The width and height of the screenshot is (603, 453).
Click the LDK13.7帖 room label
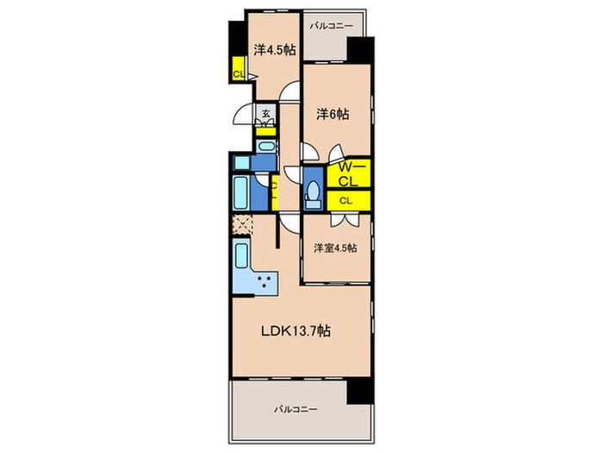point(295,330)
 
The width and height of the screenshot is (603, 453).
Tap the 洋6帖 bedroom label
point(333,114)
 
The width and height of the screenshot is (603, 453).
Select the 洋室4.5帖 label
point(335,248)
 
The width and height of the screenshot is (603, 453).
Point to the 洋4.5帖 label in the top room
point(274,50)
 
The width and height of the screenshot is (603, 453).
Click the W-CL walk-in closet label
point(348,174)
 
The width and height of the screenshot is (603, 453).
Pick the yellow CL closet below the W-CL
point(348,201)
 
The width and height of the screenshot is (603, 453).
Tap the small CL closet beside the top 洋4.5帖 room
point(239,69)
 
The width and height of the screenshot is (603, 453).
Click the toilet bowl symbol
point(314,191)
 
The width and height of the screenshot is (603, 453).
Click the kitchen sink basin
point(241,255)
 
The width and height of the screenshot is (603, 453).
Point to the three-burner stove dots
point(264,281)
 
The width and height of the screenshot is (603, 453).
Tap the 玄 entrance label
point(265,114)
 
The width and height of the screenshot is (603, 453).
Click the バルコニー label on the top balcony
point(331,26)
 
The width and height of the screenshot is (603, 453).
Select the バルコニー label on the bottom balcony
point(295,409)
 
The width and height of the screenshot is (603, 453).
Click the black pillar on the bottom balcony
point(360,391)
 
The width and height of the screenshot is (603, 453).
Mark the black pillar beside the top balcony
point(360,50)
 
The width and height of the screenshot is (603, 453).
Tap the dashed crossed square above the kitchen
point(243,224)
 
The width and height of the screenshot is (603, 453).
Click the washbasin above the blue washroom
point(266,147)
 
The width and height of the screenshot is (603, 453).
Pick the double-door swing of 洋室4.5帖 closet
point(345,219)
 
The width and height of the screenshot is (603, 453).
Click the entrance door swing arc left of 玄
point(244,114)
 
